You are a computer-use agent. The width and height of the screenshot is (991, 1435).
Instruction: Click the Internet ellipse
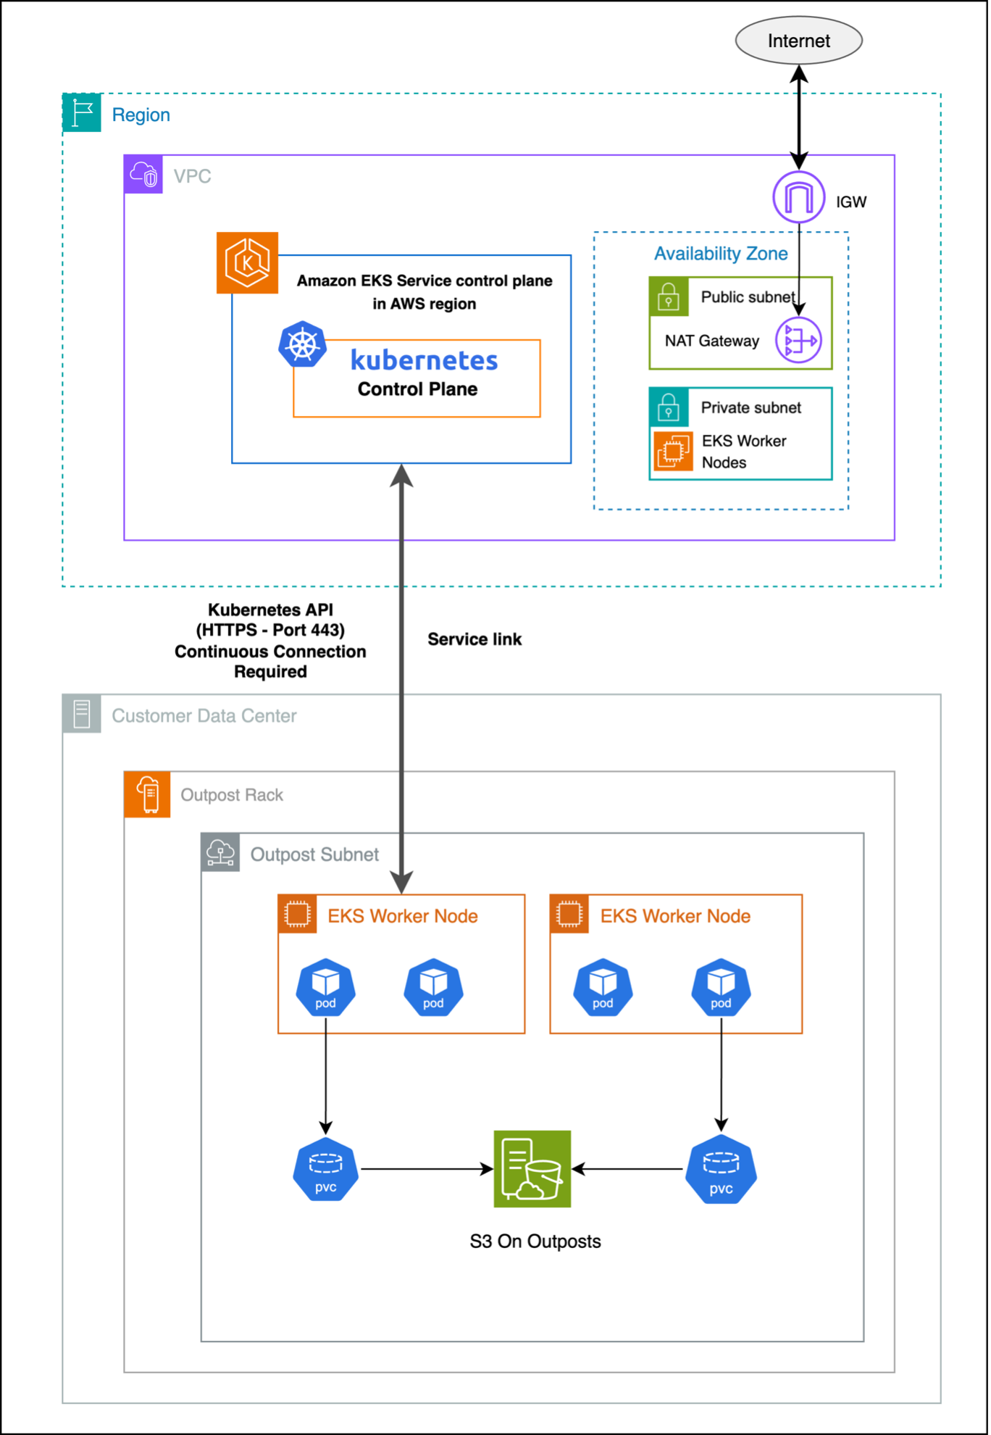[798, 41]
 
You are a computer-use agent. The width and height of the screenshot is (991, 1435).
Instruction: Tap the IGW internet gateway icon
[798, 197]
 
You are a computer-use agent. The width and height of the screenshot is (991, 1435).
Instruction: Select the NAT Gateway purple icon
[798, 340]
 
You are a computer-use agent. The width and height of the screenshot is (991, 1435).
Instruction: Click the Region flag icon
[82, 113]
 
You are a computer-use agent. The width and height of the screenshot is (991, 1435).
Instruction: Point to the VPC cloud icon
[143, 175]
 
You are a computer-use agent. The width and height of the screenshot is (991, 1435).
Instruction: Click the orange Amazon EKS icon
[247, 262]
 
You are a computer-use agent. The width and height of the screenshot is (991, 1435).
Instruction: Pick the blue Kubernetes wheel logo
[302, 344]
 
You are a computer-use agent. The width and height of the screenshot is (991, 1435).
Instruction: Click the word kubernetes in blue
[424, 360]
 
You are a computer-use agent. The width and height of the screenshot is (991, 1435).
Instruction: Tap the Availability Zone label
[720, 254]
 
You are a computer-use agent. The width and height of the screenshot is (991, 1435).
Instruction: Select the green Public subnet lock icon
[669, 296]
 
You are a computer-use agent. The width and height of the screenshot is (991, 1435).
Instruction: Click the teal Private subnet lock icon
[669, 407]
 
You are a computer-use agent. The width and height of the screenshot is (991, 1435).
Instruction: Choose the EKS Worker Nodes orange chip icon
[673, 451]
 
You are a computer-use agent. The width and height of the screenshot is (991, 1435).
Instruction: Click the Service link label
[474, 639]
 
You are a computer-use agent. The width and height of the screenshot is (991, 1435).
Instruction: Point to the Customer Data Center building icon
[82, 714]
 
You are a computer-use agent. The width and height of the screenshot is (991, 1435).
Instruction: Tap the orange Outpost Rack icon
[148, 794]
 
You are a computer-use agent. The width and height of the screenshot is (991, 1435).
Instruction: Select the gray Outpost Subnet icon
[220, 853]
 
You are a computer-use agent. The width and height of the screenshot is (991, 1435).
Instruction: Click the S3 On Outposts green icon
[532, 1169]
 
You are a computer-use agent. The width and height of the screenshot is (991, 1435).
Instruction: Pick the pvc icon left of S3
[326, 1169]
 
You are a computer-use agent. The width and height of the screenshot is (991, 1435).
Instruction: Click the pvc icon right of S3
[721, 1169]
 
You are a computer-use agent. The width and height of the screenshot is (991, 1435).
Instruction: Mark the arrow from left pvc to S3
[426, 1169]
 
